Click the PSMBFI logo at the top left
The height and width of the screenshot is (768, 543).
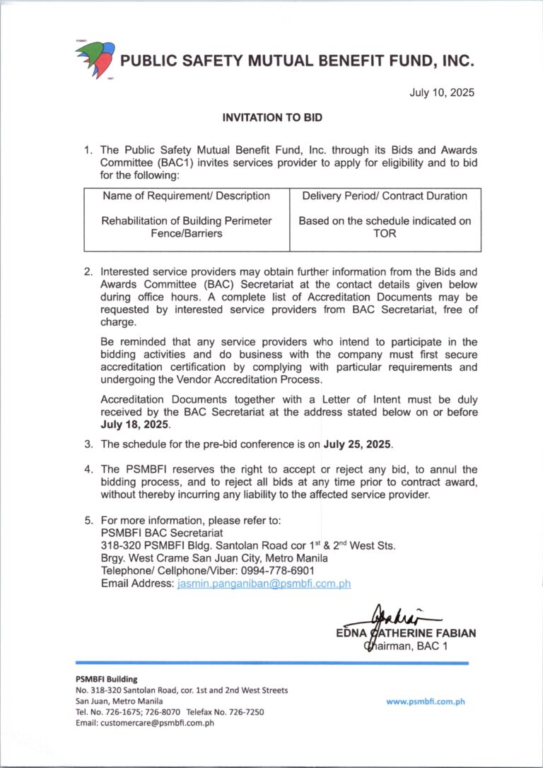[x=94, y=60]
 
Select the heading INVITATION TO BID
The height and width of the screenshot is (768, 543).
[x=272, y=119]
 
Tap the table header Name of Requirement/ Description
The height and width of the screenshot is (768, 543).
[x=187, y=196]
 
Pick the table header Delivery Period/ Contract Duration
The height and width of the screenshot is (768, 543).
[x=385, y=196]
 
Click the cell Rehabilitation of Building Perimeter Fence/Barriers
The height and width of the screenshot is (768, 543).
[x=187, y=228]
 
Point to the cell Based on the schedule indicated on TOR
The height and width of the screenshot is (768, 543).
[x=385, y=228]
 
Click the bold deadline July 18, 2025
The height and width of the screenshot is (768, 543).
[x=135, y=425]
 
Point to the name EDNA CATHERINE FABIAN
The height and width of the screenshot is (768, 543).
[x=406, y=634]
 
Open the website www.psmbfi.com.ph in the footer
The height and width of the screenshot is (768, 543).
[x=425, y=702]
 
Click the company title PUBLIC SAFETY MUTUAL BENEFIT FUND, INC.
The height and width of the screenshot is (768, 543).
[x=297, y=61]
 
